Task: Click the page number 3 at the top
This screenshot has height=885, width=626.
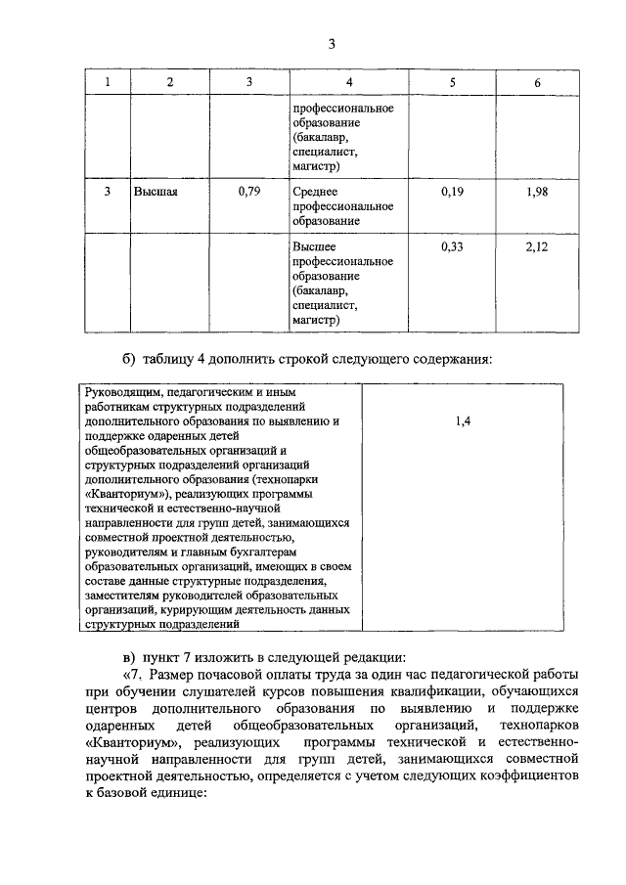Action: point(332,44)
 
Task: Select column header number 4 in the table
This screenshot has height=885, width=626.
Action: point(349,82)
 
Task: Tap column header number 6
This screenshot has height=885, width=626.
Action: point(537,83)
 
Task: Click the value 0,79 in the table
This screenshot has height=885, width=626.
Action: point(248,193)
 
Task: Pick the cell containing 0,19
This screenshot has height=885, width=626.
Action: point(452,193)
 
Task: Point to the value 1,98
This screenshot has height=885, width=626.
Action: point(537,193)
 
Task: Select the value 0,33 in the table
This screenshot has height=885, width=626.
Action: point(452,247)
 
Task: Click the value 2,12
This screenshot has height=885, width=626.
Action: point(537,247)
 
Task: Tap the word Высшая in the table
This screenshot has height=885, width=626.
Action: point(156,193)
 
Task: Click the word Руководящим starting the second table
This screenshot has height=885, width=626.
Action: point(120,392)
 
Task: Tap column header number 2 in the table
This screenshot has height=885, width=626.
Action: point(170,82)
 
